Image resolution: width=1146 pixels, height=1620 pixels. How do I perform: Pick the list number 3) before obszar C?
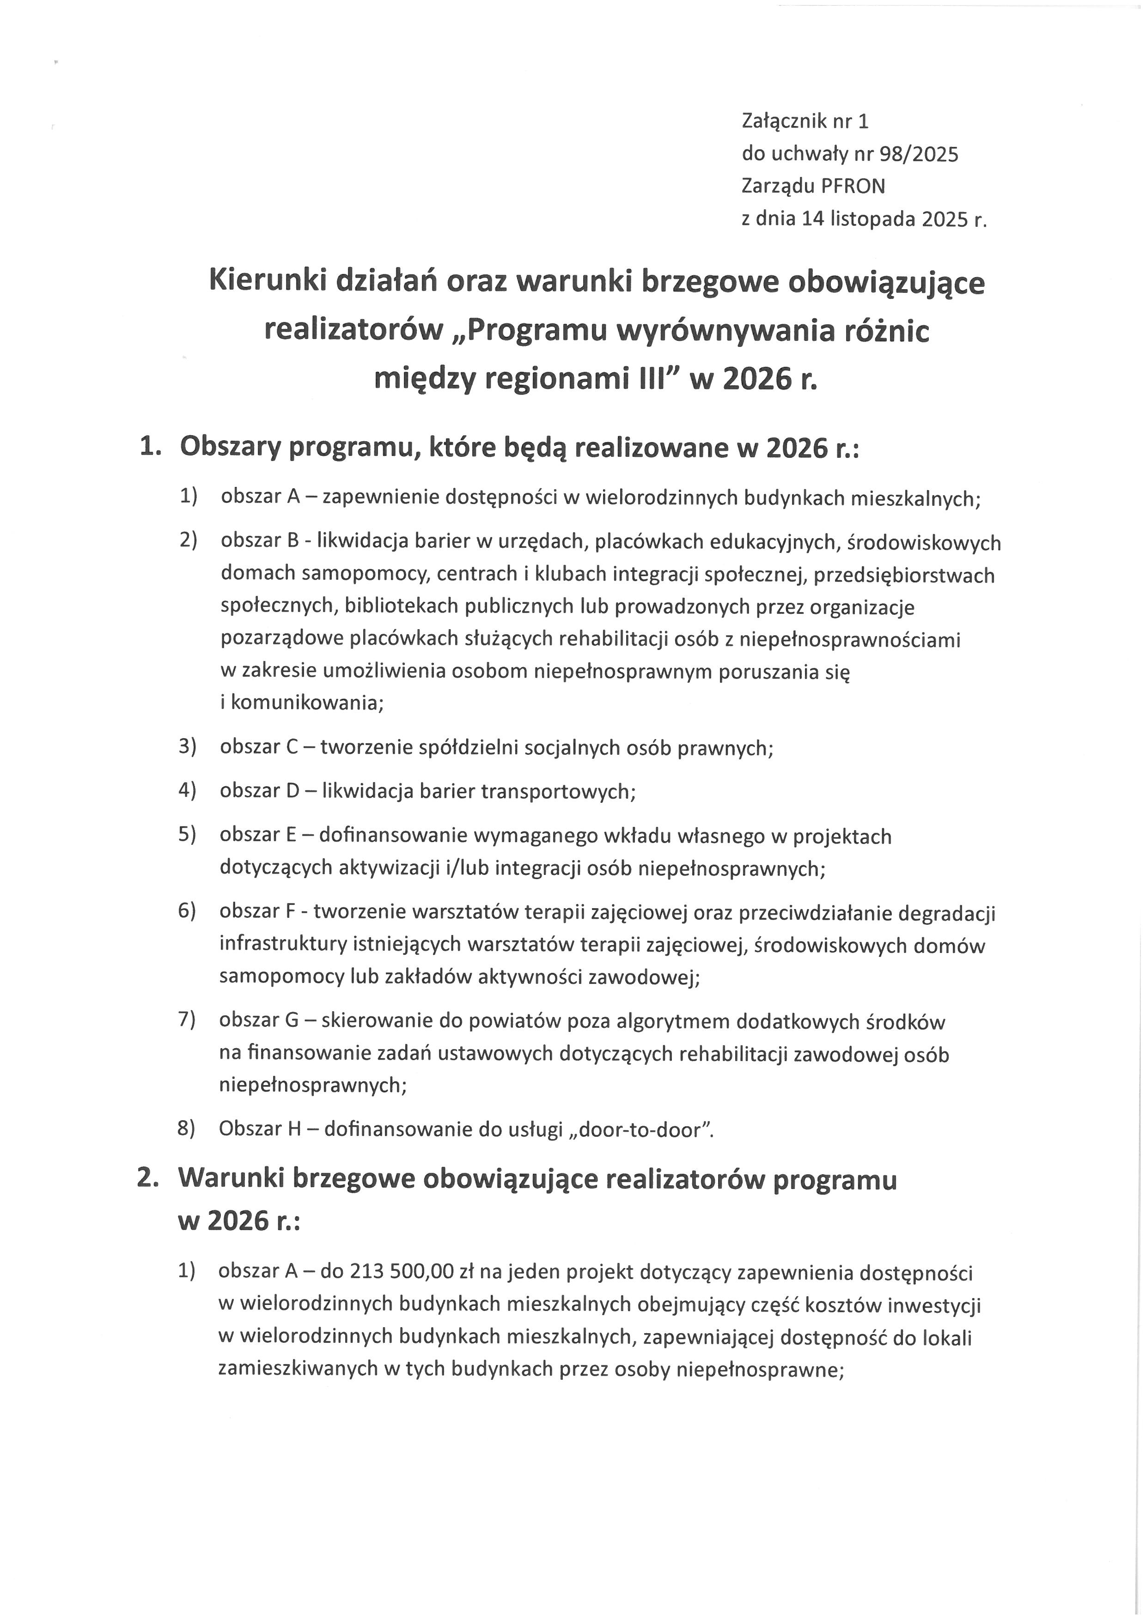(187, 746)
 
